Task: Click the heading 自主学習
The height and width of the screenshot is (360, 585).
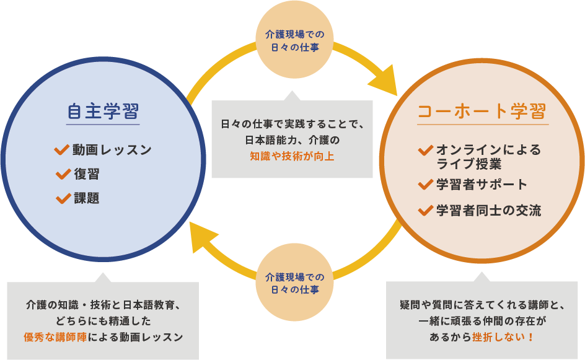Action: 102,112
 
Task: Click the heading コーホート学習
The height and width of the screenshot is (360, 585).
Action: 482,112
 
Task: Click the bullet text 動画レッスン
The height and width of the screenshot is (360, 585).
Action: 112,150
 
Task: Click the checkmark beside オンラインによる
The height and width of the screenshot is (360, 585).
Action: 426,150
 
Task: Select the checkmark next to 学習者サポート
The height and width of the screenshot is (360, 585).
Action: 426,184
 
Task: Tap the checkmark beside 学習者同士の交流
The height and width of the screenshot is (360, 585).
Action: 426,210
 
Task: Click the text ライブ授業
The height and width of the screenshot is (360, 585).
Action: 469,165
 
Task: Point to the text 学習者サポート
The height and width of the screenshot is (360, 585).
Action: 482,185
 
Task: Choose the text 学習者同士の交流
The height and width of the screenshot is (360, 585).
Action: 488,211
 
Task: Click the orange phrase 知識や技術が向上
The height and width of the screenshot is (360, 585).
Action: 292,156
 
